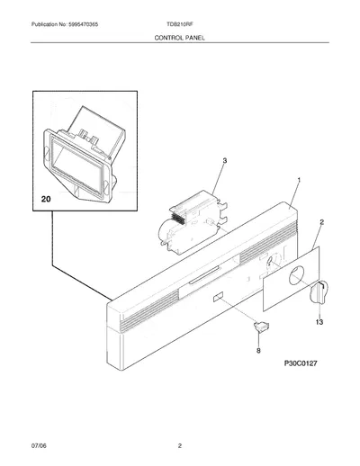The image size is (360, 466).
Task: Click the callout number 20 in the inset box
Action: click(46, 199)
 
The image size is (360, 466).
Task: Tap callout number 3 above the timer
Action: click(225, 161)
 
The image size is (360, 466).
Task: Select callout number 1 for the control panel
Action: click(299, 180)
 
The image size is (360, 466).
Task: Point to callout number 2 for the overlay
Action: click(322, 222)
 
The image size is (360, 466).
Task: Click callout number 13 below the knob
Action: click(319, 322)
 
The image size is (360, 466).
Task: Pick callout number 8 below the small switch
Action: click(258, 350)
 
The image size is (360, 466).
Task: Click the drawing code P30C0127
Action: click(301, 363)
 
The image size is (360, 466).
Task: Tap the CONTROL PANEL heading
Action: click(180, 38)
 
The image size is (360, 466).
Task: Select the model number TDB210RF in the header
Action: click(180, 24)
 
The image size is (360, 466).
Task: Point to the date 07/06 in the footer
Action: click(39, 446)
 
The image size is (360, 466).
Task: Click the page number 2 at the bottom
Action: click(180, 446)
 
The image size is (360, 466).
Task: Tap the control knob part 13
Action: click(319, 292)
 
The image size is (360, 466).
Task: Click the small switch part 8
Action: click(262, 327)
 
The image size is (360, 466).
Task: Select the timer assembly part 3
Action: click(192, 222)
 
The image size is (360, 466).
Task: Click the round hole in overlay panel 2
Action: click(296, 275)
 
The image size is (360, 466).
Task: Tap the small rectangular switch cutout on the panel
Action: click(218, 297)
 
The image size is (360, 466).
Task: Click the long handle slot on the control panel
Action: click(203, 275)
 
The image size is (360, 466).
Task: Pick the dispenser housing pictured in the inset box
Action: click(85, 155)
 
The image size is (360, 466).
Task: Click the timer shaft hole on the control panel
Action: click(271, 260)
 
